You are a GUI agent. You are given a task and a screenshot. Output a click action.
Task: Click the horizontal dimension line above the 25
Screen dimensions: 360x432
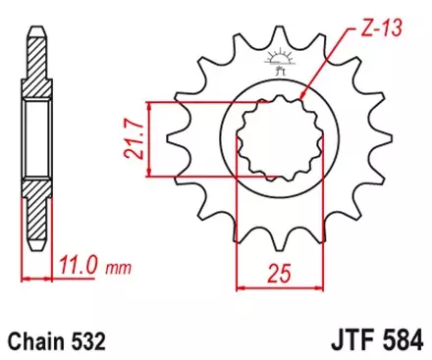pos(269,287)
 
